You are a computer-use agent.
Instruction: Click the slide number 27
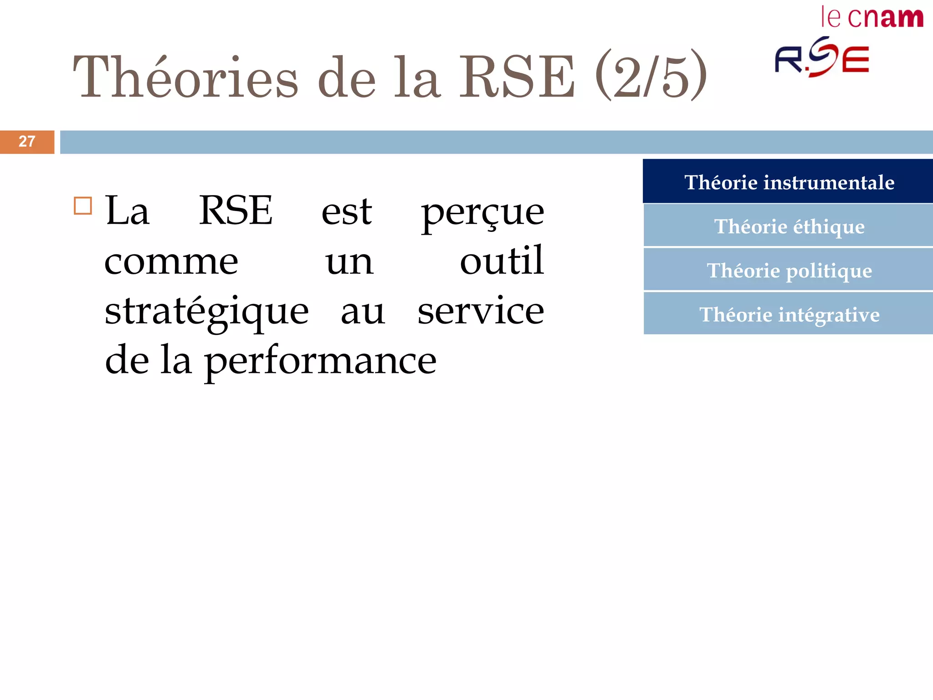coord(27,142)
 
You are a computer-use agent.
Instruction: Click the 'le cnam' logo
coord(872,18)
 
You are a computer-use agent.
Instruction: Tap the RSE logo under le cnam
coord(822,57)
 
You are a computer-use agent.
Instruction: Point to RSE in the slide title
coord(517,77)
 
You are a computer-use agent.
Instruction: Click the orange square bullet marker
coord(83,206)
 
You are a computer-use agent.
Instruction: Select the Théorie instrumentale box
coord(789,182)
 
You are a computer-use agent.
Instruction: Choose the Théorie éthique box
coord(789,226)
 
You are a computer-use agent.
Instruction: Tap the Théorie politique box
coord(789,270)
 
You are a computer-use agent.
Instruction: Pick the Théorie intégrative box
coord(789,314)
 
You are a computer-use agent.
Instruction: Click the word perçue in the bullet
coord(482,213)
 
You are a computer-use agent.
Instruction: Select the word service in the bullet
coord(481,311)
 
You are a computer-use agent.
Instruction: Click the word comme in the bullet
coord(171,262)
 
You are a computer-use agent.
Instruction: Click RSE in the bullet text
coord(236,211)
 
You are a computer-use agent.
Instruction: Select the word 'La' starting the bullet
coord(127,211)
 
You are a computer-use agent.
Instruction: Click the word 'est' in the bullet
coord(347,212)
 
